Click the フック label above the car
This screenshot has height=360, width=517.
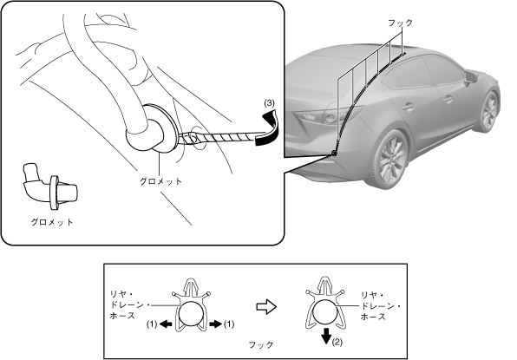[400, 23]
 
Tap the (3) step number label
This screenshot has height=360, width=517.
[269, 103]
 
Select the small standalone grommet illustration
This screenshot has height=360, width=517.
[50, 187]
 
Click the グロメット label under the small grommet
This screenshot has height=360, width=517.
[52, 222]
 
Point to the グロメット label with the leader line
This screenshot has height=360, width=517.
[160, 181]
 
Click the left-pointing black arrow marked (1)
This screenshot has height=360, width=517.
[166, 324]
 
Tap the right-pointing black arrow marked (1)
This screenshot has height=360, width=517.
[216, 324]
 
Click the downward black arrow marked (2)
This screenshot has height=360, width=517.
[326, 336]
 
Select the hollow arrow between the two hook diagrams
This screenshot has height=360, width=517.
[266, 307]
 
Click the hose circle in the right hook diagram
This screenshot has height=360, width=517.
[325, 312]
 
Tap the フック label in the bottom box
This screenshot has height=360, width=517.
[261, 345]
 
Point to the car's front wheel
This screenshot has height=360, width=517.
[488, 112]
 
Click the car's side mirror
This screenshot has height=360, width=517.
[470, 78]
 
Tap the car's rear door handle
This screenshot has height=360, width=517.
[408, 108]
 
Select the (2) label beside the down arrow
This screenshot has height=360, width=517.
[337, 342]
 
